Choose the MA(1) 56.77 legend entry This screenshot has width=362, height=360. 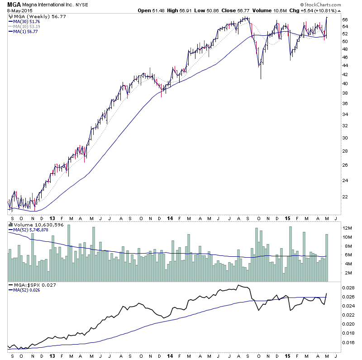(x=23, y=32)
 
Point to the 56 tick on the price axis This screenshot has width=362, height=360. (x=344, y=20)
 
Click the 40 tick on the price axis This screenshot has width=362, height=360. (x=344, y=83)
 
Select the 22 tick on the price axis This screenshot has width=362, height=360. (x=344, y=197)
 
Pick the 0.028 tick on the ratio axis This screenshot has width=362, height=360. (x=348, y=288)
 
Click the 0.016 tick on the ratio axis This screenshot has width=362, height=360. (x=348, y=342)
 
